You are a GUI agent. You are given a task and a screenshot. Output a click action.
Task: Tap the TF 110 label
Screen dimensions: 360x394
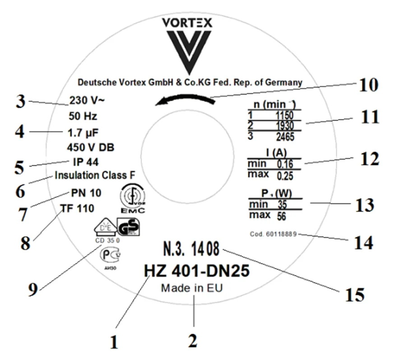(x=77, y=208)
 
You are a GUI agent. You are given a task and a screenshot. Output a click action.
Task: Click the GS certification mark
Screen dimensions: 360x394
(x=129, y=226)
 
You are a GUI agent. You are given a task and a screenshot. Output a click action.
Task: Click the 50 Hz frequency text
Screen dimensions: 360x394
(x=83, y=116)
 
